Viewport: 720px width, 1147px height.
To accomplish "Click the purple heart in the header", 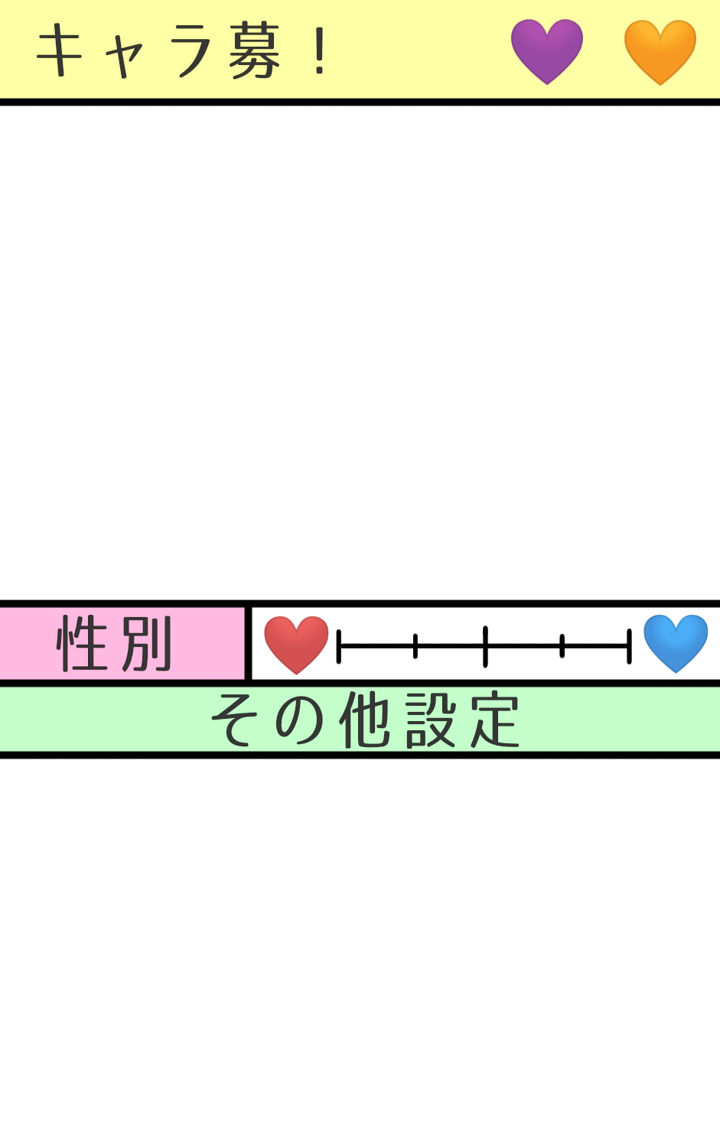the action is pyautogui.click(x=547, y=51).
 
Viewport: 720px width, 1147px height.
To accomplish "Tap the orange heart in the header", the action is pyautogui.click(x=660, y=52).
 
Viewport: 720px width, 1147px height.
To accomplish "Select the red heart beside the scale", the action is pyautogui.click(x=296, y=645).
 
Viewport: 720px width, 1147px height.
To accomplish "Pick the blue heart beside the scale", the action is pyautogui.click(x=676, y=643).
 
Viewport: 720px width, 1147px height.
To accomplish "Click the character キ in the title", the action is pyautogui.click(x=60, y=50).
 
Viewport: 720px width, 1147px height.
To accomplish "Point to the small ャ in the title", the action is pyautogui.click(x=124, y=57).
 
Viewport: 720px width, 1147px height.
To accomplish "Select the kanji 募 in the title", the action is pyautogui.click(x=255, y=51).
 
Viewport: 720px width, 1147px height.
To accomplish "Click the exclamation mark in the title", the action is pyautogui.click(x=320, y=50).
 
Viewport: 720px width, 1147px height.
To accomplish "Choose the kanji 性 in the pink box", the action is pyautogui.click(x=82, y=643).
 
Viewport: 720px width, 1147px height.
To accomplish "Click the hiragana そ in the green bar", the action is pyautogui.click(x=233, y=720).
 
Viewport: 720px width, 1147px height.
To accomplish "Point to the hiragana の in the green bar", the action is pyautogui.click(x=300, y=720).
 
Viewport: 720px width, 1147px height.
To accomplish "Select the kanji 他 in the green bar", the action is pyautogui.click(x=365, y=720).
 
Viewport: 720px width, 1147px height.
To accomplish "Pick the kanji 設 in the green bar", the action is pyautogui.click(x=431, y=720).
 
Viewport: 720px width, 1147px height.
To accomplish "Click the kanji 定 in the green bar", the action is pyautogui.click(x=495, y=720).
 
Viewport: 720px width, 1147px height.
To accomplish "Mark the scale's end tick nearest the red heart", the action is pyautogui.click(x=339, y=647).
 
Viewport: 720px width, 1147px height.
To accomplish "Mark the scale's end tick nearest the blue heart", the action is pyautogui.click(x=629, y=647).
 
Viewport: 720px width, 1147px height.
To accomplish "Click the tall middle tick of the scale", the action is pyautogui.click(x=485, y=646).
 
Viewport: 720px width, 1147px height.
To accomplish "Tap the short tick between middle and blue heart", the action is pyautogui.click(x=562, y=646).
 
